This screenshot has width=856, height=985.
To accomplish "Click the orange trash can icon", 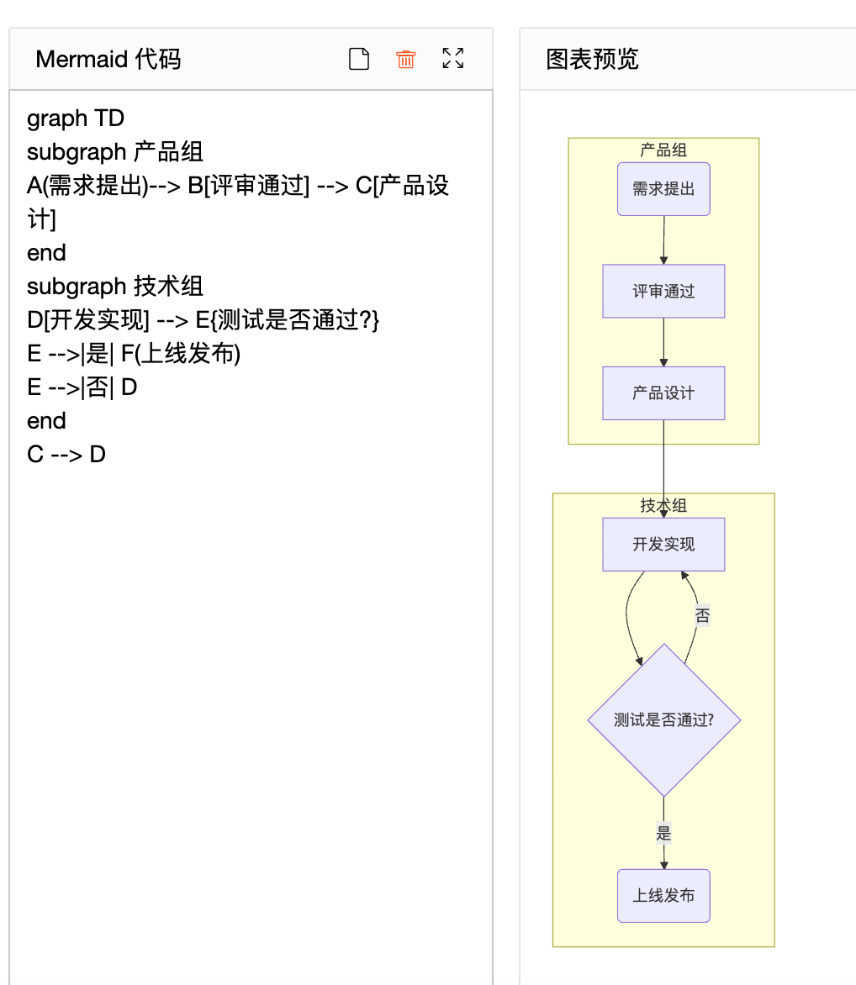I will click(x=406, y=59).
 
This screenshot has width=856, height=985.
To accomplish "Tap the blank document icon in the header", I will click(x=359, y=59).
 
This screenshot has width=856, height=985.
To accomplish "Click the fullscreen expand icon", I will click(x=453, y=59).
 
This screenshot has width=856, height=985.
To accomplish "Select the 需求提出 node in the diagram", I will click(x=663, y=189).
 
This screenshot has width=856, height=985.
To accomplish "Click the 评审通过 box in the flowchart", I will click(x=663, y=292).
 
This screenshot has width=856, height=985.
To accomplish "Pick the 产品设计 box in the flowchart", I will click(x=663, y=393).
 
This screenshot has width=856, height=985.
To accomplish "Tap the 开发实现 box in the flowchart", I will click(x=663, y=545).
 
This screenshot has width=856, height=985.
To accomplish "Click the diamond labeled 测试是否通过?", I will click(x=663, y=720).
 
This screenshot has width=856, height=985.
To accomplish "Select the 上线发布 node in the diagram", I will click(x=663, y=896).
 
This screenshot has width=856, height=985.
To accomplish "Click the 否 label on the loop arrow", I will click(x=703, y=615).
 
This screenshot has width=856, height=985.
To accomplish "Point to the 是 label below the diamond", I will click(x=663, y=833).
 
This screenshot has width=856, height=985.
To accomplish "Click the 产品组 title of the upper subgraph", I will click(x=663, y=150).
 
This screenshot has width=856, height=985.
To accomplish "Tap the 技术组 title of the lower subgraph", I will click(x=663, y=505).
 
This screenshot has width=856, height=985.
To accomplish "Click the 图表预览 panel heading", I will click(x=592, y=59).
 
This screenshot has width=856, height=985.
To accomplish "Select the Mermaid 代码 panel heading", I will click(x=108, y=59).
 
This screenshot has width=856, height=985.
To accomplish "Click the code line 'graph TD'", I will click(x=76, y=119).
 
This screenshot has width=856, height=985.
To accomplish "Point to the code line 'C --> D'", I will click(x=66, y=455).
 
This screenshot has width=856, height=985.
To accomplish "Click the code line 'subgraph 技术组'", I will click(x=115, y=287).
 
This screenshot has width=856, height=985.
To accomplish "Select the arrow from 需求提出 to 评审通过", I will click(x=663, y=240).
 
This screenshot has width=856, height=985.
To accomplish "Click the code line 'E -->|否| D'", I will click(x=82, y=387).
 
